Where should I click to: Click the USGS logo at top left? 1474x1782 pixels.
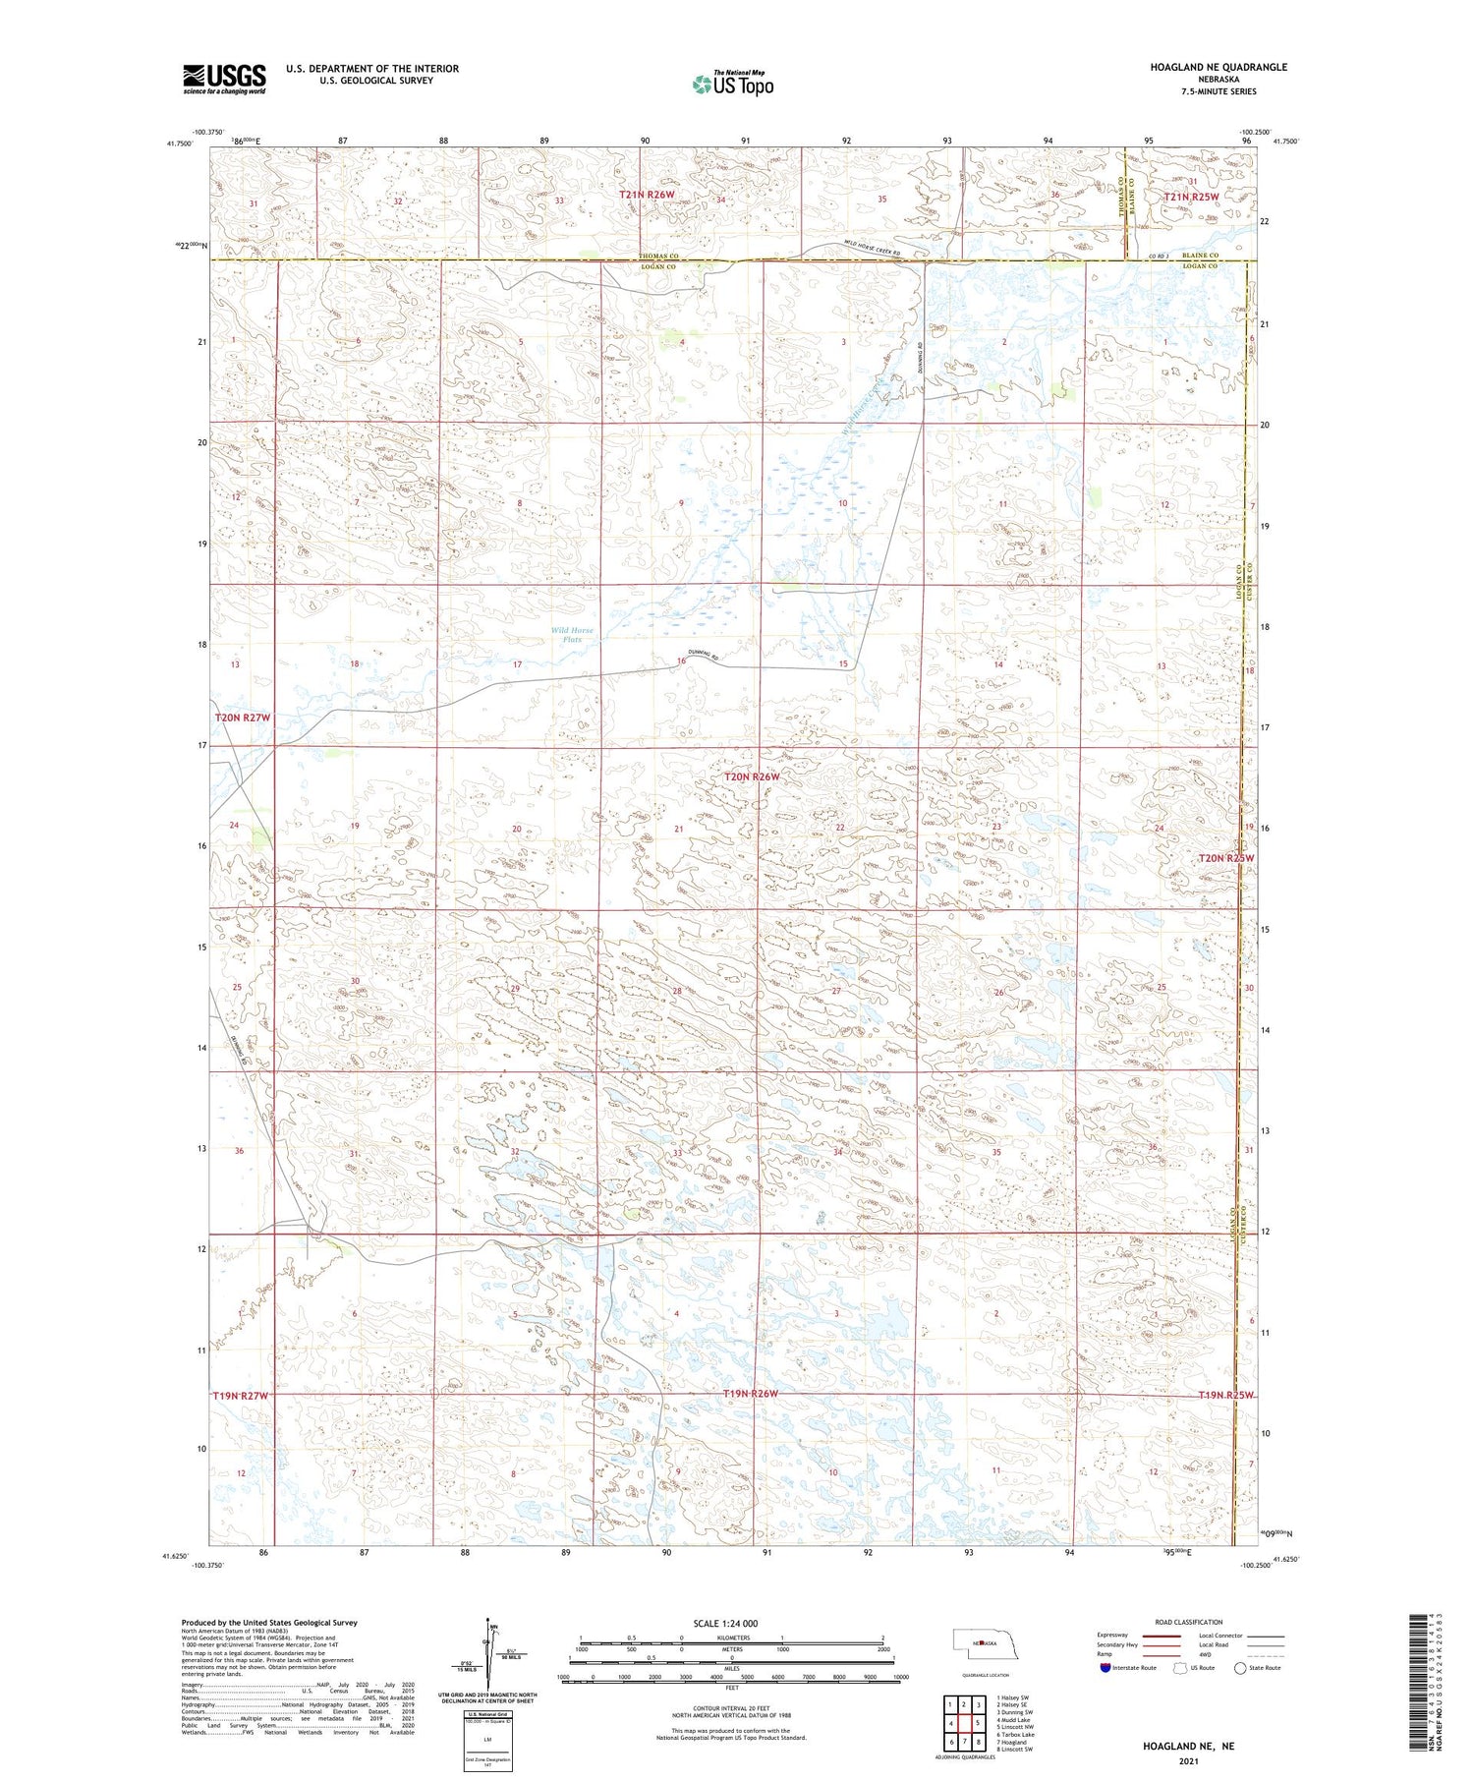[x=224, y=79]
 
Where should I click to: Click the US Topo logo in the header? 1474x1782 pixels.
[x=732, y=84]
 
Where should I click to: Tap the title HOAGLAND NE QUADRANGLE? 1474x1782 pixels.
[x=1219, y=67]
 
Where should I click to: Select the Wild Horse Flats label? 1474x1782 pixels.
[x=572, y=635]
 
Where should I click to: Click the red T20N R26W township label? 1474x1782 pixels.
[x=752, y=776]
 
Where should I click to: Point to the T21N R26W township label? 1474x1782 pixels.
[x=647, y=195]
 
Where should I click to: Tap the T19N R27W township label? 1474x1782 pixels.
[x=240, y=1395]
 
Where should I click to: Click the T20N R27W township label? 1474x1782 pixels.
[x=242, y=718]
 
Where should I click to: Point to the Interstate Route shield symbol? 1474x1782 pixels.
[x=1105, y=1668]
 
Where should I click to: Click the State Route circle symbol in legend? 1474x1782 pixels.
[x=1241, y=1668]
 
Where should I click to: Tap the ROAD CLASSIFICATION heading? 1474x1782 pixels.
[x=1189, y=1622]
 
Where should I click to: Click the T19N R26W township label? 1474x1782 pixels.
[x=750, y=1394]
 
